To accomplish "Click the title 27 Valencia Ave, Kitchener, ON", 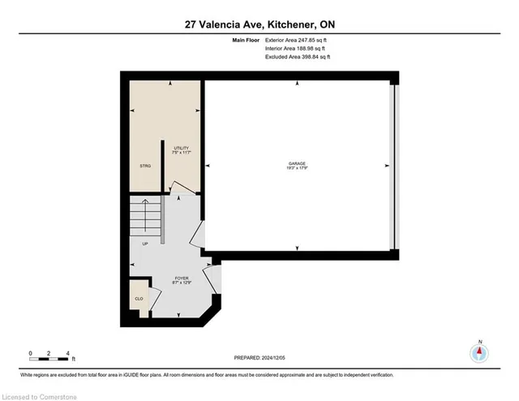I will [259, 24].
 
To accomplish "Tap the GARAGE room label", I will [297, 163].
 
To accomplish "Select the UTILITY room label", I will [181, 148].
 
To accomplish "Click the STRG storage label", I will [145, 166].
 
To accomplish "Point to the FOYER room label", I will [181, 278].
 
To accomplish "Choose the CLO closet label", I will [139, 298].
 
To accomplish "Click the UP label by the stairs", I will [145, 243].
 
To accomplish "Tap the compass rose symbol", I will [479, 352].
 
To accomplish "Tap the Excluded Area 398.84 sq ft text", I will [298, 58].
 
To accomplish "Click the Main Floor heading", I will [247, 40].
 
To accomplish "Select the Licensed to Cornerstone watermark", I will [38, 395].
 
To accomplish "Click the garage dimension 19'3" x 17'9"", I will [297, 169].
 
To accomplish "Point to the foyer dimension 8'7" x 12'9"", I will [181, 283].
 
